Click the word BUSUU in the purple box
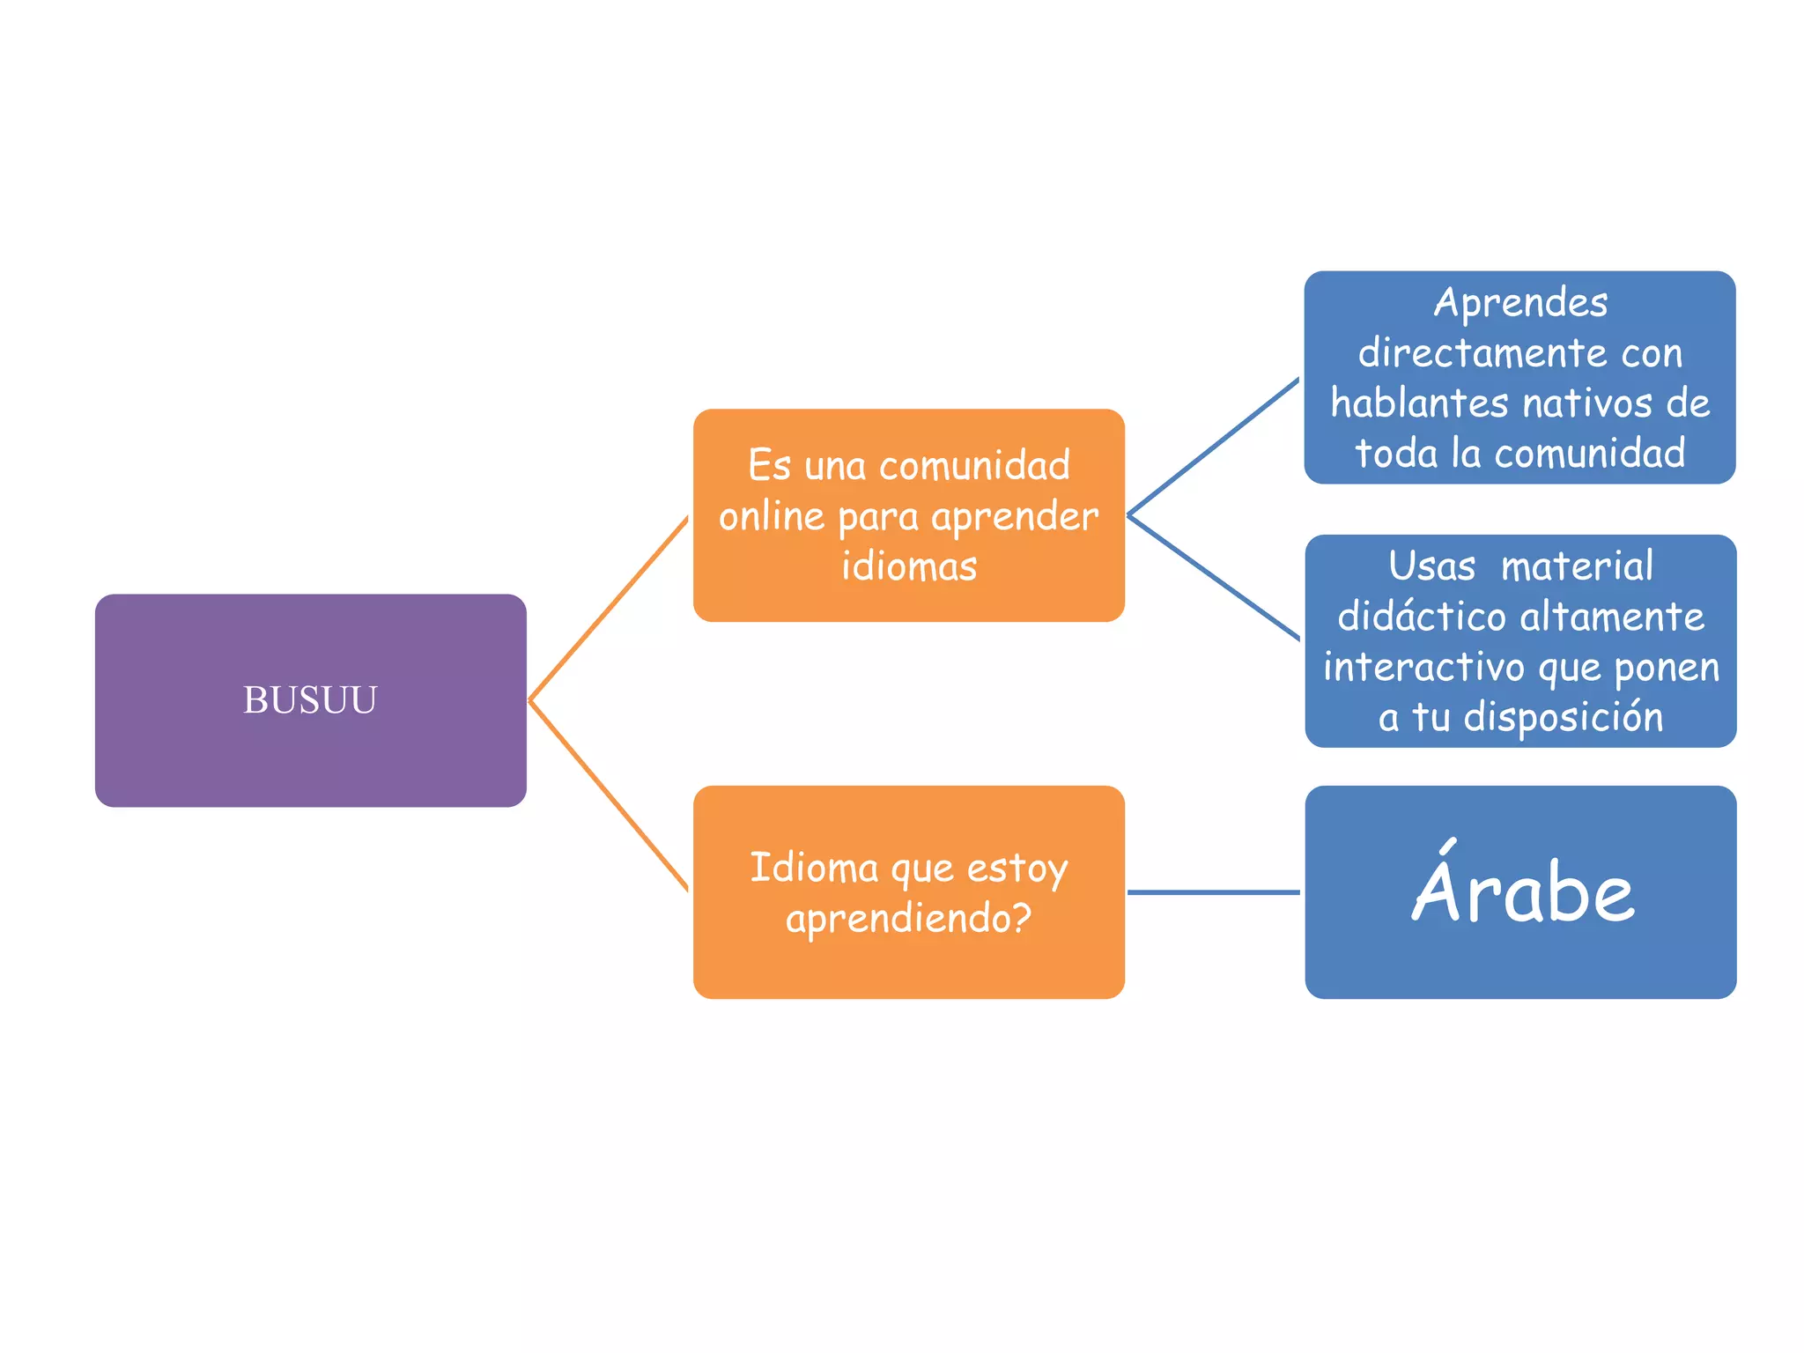pyautogui.click(x=310, y=700)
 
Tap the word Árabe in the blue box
pyautogui.click(x=1523, y=891)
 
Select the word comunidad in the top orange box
pyautogui.click(x=974, y=465)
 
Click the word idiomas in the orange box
pyautogui.click(x=909, y=566)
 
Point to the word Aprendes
pyautogui.click(x=1520, y=303)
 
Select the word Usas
pyautogui.click(x=1431, y=566)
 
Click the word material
pyautogui.click(x=1577, y=566)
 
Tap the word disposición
pyautogui.click(x=1564, y=717)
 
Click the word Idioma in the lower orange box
pyautogui.click(x=814, y=868)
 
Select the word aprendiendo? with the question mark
pyautogui.click(x=908, y=919)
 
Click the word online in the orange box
pyautogui.click(x=771, y=516)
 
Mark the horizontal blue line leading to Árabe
pyautogui.click(x=1213, y=892)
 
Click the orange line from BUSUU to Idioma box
pyautogui.click(x=608, y=795)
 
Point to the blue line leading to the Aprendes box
pyautogui.click(x=1213, y=448)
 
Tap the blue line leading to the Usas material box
pyautogui.click(x=1213, y=577)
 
